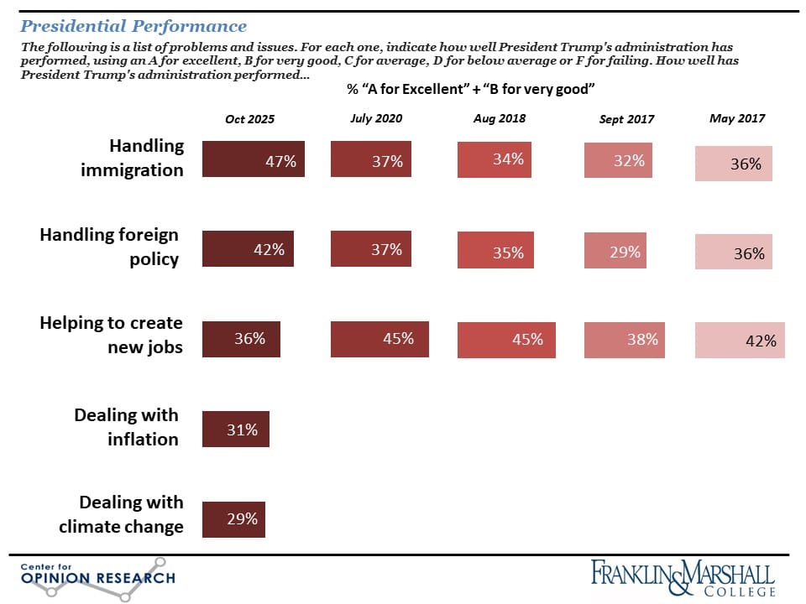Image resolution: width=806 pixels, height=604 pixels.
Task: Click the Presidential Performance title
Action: tap(134, 27)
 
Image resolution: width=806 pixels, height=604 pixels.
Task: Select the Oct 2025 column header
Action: tap(249, 119)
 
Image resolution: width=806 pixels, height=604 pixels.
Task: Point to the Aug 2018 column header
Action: tap(500, 118)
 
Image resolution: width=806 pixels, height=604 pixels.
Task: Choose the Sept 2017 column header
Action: tap(626, 119)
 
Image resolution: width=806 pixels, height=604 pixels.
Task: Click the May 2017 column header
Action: tap(737, 118)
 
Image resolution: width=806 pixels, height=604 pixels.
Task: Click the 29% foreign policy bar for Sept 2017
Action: tap(615, 251)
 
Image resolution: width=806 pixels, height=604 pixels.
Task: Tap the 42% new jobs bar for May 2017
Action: tap(740, 340)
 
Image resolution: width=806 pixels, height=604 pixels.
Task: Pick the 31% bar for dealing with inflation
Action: tap(236, 430)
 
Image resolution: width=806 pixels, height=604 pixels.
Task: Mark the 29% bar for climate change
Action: tap(234, 518)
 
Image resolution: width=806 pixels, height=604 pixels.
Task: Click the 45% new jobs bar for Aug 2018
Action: tap(505, 339)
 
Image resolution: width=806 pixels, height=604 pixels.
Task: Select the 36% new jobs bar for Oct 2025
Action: tap(242, 338)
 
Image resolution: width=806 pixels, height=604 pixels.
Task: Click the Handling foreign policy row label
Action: tap(110, 247)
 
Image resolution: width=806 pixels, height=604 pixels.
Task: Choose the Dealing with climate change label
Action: tap(121, 514)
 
